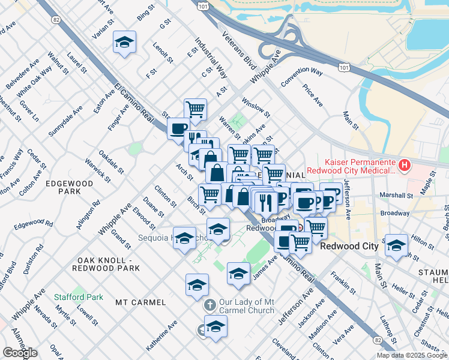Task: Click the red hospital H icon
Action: coord(406,164)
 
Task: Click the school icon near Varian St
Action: coord(124,43)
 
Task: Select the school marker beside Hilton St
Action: coord(396,245)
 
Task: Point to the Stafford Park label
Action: coord(78,297)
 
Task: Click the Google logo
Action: coord(20,353)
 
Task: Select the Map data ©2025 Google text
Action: coord(412,355)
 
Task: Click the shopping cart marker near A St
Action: coord(195,110)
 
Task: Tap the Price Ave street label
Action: coord(313,95)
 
